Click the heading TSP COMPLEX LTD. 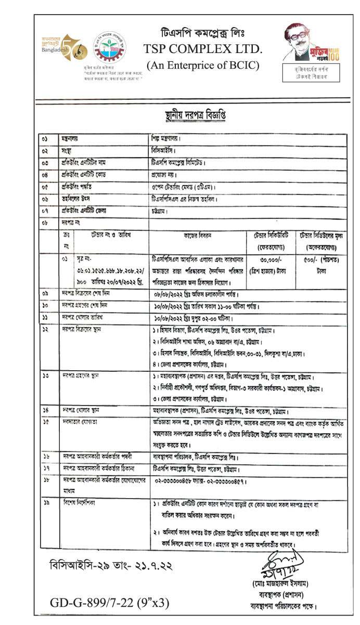[x=203, y=49]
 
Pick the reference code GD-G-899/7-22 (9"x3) [x=110, y=603]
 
